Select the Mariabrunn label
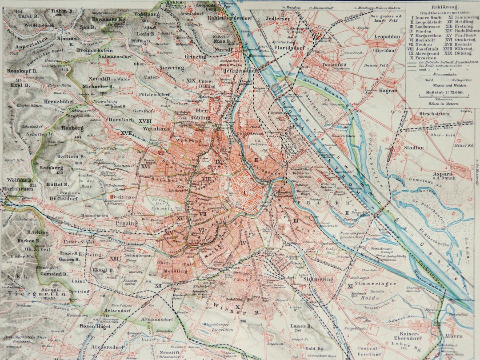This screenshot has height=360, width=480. (17, 188)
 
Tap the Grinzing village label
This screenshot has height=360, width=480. (196, 57)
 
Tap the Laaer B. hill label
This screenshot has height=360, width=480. (301, 326)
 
